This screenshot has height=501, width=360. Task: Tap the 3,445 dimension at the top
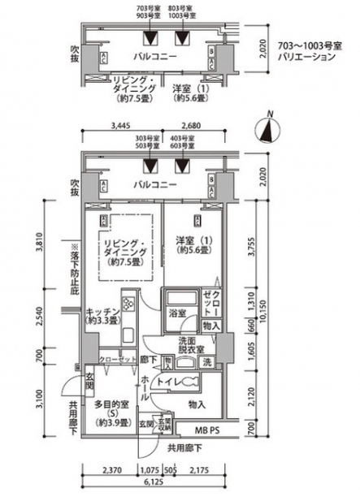click(119, 126)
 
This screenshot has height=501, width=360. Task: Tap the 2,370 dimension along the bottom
click(111, 469)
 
